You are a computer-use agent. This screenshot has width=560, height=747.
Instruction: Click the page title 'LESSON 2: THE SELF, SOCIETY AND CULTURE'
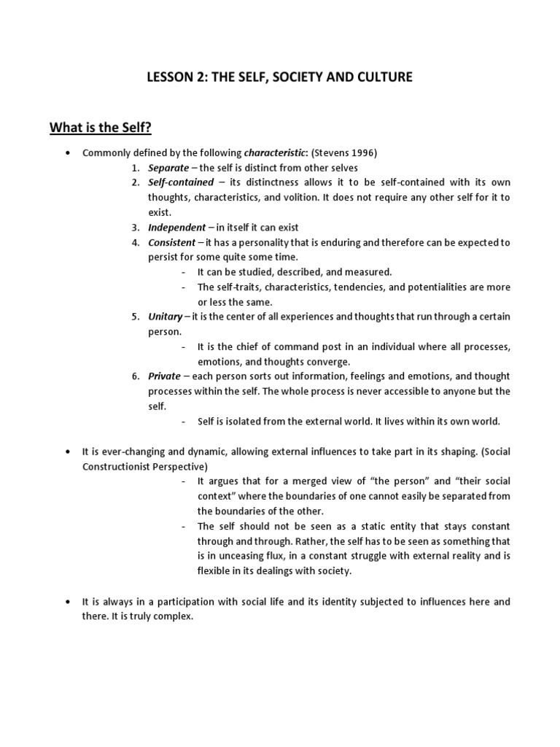(280, 77)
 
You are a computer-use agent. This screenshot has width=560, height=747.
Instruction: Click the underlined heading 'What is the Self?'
(101, 128)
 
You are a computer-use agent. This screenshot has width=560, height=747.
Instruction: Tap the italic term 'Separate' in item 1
(168, 168)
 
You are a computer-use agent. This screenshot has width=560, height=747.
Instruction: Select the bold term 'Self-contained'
(181, 182)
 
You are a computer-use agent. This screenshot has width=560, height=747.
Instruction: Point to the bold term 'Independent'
(176, 228)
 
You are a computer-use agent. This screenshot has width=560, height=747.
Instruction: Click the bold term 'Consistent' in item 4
(171, 242)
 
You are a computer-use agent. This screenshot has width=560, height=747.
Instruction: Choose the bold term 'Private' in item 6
(164, 376)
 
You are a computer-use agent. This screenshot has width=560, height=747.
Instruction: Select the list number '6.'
(136, 376)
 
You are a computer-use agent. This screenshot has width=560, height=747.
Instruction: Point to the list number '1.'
(136, 168)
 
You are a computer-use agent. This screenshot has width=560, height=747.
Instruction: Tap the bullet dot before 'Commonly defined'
(67, 152)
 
